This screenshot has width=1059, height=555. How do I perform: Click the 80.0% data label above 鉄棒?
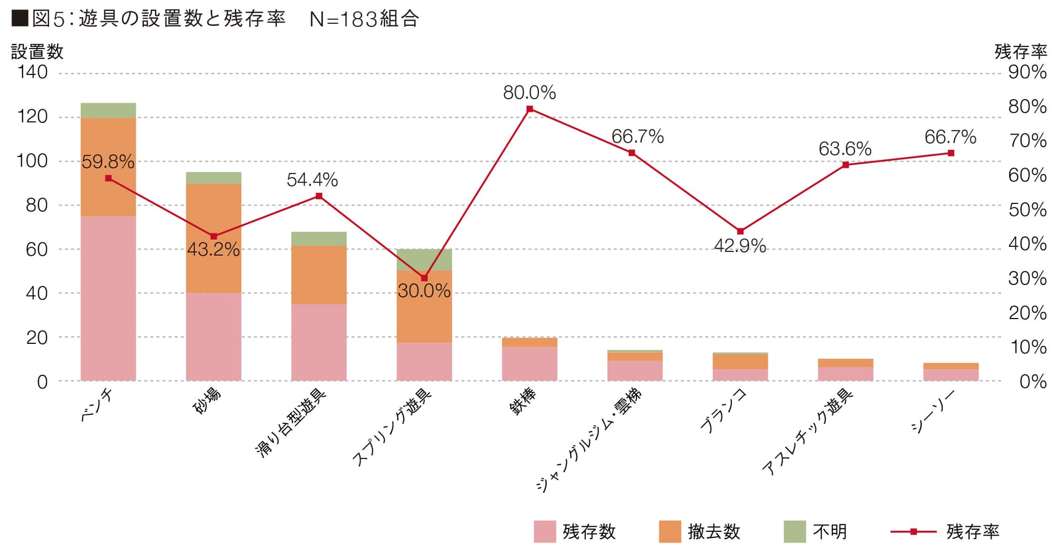tap(529, 93)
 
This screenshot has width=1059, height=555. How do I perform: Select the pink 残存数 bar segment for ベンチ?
tap(108, 298)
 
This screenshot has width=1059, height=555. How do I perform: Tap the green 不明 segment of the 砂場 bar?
tap(213, 178)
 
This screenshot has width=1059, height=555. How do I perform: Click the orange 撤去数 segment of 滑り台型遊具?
tap(319, 275)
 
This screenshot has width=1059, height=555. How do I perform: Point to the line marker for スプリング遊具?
tap(424, 278)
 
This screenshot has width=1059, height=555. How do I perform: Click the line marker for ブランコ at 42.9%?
tap(740, 231)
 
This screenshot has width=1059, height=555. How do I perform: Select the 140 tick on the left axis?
tap(33, 72)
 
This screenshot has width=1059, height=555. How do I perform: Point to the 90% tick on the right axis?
tap(1027, 72)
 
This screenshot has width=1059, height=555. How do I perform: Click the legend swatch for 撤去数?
tap(670, 532)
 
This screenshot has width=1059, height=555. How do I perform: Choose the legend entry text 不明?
tap(830, 532)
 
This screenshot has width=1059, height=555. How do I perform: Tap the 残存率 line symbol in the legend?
tap(913, 532)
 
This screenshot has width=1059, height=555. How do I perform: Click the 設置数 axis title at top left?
tap(38, 52)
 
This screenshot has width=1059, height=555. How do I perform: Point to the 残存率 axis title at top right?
tap(1020, 52)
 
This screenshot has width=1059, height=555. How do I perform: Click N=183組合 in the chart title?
tap(364, 19)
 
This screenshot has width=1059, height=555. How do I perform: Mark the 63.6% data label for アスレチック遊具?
tap(844, 149)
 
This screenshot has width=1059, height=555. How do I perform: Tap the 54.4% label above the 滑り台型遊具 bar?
tap(312, 180)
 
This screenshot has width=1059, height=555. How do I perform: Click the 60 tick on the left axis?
tap(36, 249)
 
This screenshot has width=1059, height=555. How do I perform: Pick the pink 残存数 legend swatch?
tap(544, 532)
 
